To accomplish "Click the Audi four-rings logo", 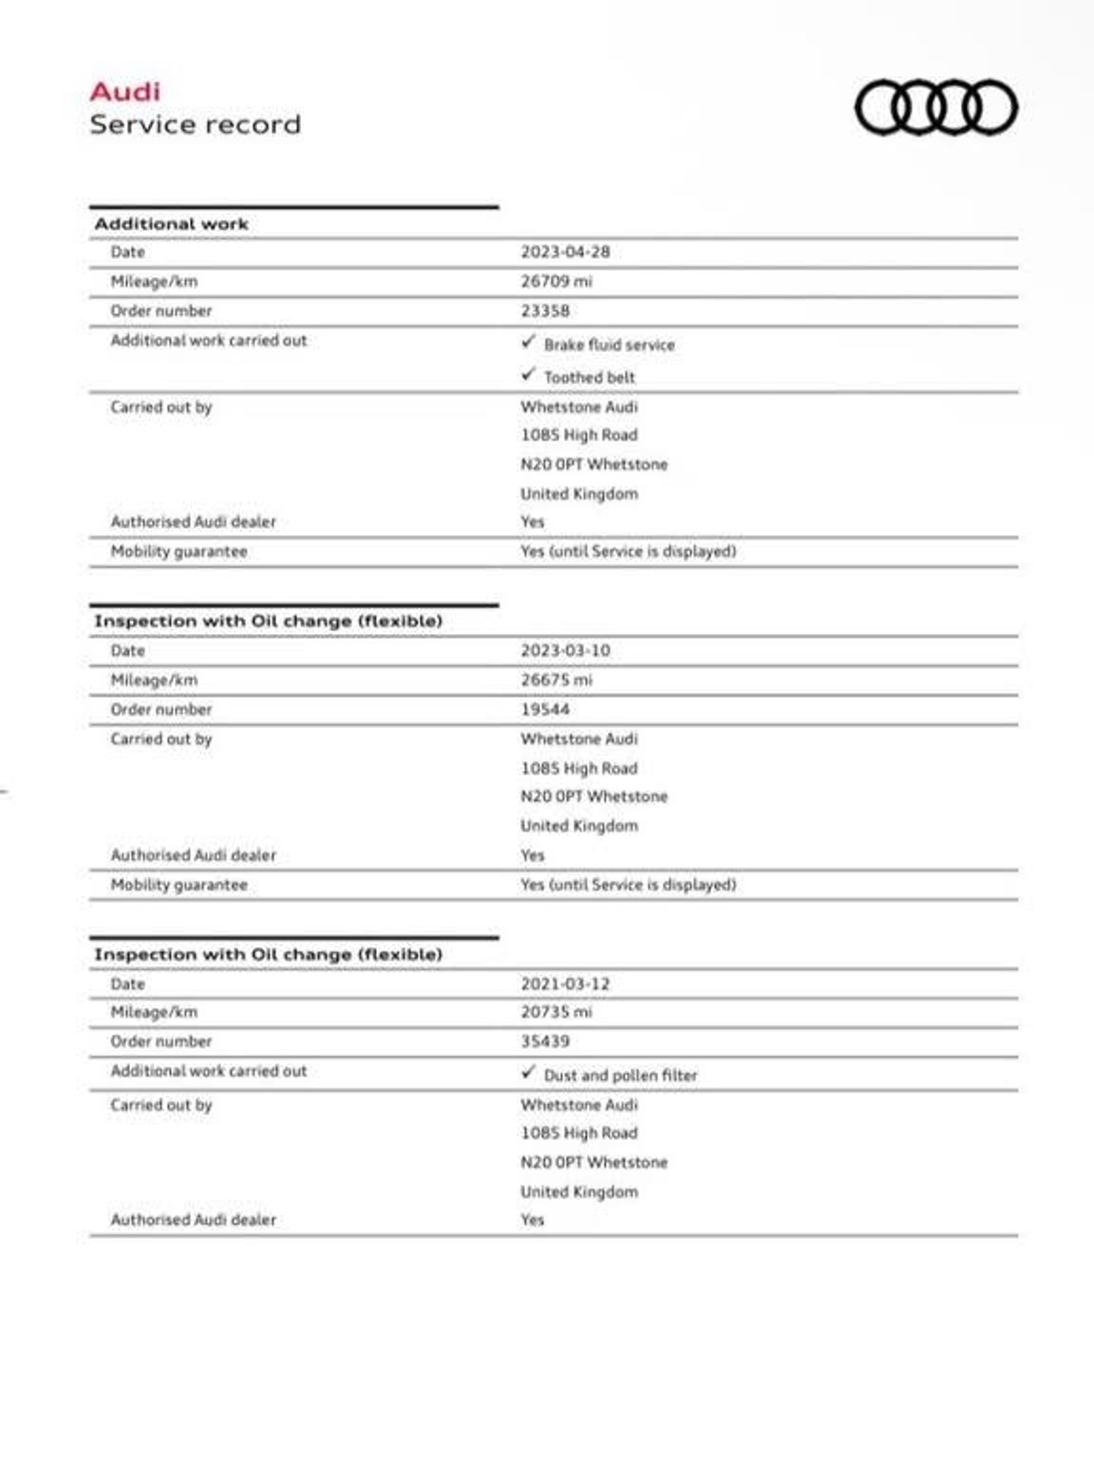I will coord(936,108).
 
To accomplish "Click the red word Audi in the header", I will coord(125,92).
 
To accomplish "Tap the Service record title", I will coord(195,125).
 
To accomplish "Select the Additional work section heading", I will coord(172,224).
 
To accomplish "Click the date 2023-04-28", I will coord(565,252).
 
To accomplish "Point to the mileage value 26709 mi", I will coord(556,282).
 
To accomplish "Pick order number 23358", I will coord(545,311).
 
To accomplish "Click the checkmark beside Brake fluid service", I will coord(529,342).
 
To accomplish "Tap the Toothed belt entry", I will coord(589,377).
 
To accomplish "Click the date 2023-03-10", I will coord(565,651).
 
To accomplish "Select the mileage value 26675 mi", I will coord(556,680).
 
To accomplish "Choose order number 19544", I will coord(545,710).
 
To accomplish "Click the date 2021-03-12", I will coord(565,984).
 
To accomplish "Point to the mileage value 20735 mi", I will coord(556,1012).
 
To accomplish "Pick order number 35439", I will coord(545,1042).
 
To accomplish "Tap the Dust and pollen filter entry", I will coord(620,1076).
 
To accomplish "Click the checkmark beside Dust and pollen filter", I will coord(529,1073).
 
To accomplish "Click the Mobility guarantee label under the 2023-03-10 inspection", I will coord(179,885).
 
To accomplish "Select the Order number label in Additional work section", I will coord(161,311).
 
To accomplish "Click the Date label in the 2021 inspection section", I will coord(128,984).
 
